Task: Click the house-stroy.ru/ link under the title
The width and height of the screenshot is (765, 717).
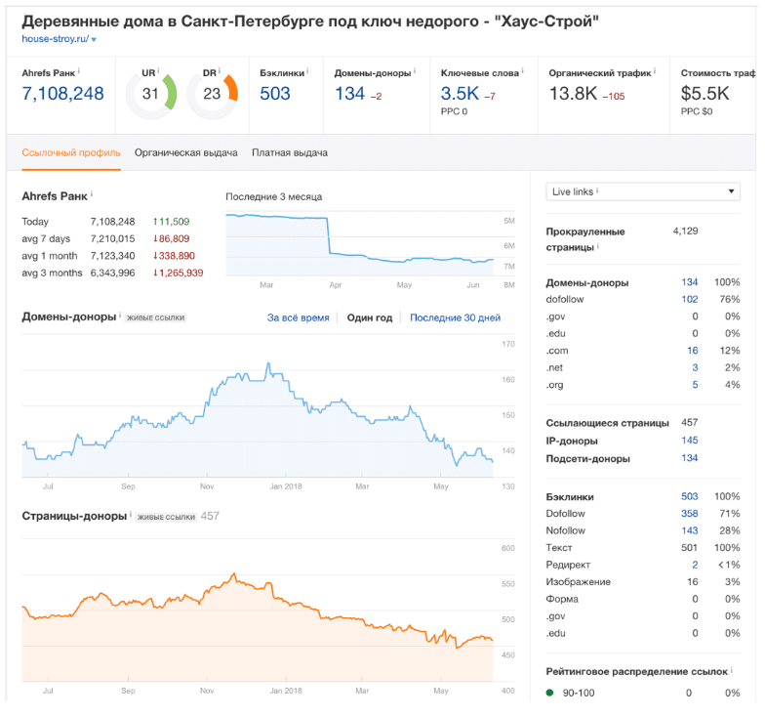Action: pyautogui.click(x=55, y=39)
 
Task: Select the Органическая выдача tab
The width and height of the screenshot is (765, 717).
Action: pyautogui.click(x=185, y=152)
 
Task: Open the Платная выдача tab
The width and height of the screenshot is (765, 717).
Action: pyautogui.click(x=290, y=152)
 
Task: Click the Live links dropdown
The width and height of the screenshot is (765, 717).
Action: pyautogui.click(x=642, y=191)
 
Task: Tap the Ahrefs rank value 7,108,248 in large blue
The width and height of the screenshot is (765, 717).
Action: pyautogui.click(x=62, y=94)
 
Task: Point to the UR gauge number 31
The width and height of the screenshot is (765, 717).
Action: pyautogui.click(x=150, y=94)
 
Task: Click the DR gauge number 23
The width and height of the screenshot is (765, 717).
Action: pyautogui.click(x=212, y=94)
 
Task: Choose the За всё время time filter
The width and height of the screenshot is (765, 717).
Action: pyautogui.click(x=299, y=318)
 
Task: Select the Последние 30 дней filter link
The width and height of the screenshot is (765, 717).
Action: pyautogui.click(x=455, y=318)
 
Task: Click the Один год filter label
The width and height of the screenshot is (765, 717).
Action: pyautogui.click(x=369, y=318)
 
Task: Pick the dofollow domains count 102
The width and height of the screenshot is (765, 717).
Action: pyautogui.click(x=690, y=299)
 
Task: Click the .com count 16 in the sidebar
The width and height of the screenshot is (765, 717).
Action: pyautogui.click(x=693, y=351)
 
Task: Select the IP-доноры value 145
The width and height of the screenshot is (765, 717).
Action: pyautogui.click(x=690, y=441)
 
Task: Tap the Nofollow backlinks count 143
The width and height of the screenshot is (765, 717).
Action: pyautogui.click(x=690, y=531)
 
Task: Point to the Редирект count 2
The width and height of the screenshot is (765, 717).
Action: pyautogui.click(x=695, y=565)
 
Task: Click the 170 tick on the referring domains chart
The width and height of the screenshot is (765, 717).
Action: pyautogui.click(x=508, y=344)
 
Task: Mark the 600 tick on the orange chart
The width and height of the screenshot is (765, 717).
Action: pyautogui.click(x=508, y=549)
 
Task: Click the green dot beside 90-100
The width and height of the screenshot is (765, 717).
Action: pyautogui.click(x=550, y=693)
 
